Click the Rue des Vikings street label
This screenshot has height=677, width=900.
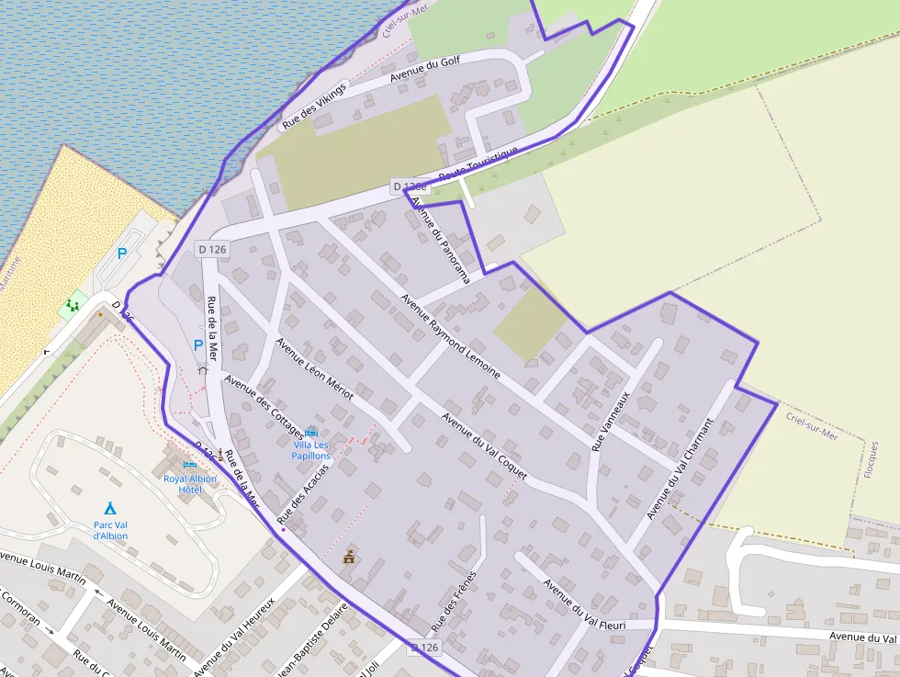point(315,107)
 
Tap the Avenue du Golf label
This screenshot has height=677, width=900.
point(425,69)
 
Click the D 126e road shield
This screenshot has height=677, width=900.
point(410,186)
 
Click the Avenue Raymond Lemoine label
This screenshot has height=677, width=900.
point(450,336)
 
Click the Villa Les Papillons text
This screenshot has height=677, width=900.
point(311,450)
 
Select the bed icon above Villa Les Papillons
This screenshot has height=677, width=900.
point(311,432)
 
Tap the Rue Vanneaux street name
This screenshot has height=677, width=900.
point(611,422)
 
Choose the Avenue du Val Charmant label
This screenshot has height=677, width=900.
point(681,468)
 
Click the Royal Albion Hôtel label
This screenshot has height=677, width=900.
point(190,484)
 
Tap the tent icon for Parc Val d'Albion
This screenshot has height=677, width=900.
point(110,508)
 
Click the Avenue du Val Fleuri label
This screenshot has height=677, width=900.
point(584,604)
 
